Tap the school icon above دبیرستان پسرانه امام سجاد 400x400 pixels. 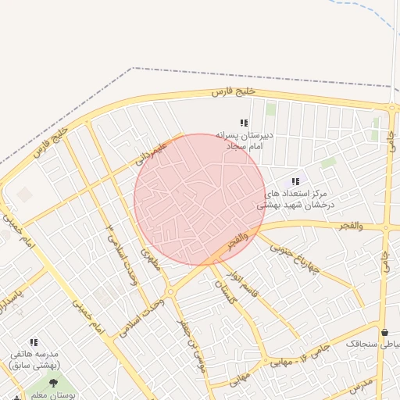pyautogui.click(x=244, y=123)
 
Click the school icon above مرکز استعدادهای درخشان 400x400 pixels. pyautogui.click(x=295, y=181)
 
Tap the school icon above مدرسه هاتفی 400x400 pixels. pyautogui.click(x=34, y=342)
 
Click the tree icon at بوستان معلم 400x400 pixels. pyautogui.click(x=53, y=383)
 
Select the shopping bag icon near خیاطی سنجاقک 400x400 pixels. pyautogui.click(x=384, y=332)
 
